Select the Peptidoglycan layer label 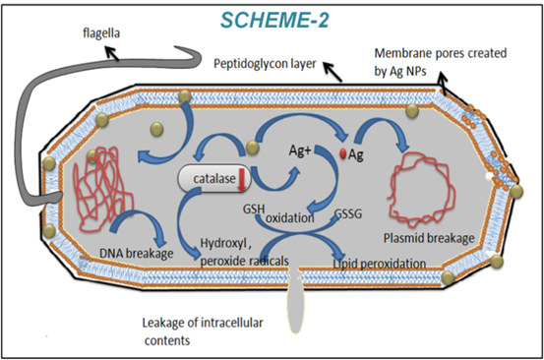click(264, 62)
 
